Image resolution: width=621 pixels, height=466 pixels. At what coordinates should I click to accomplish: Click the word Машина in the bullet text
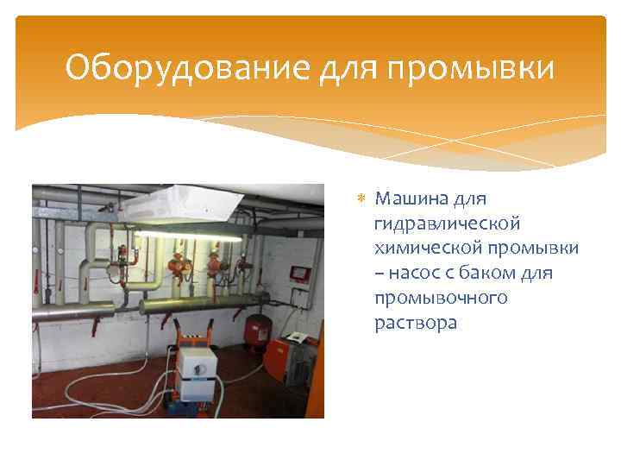(x=411, y=199)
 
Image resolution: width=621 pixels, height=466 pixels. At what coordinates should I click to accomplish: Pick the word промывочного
(x=441, y=299)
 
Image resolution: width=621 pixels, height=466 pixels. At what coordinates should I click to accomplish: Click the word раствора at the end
(x=416, y=324)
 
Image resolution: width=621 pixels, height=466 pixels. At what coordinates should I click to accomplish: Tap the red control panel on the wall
(x=298, y=273)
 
